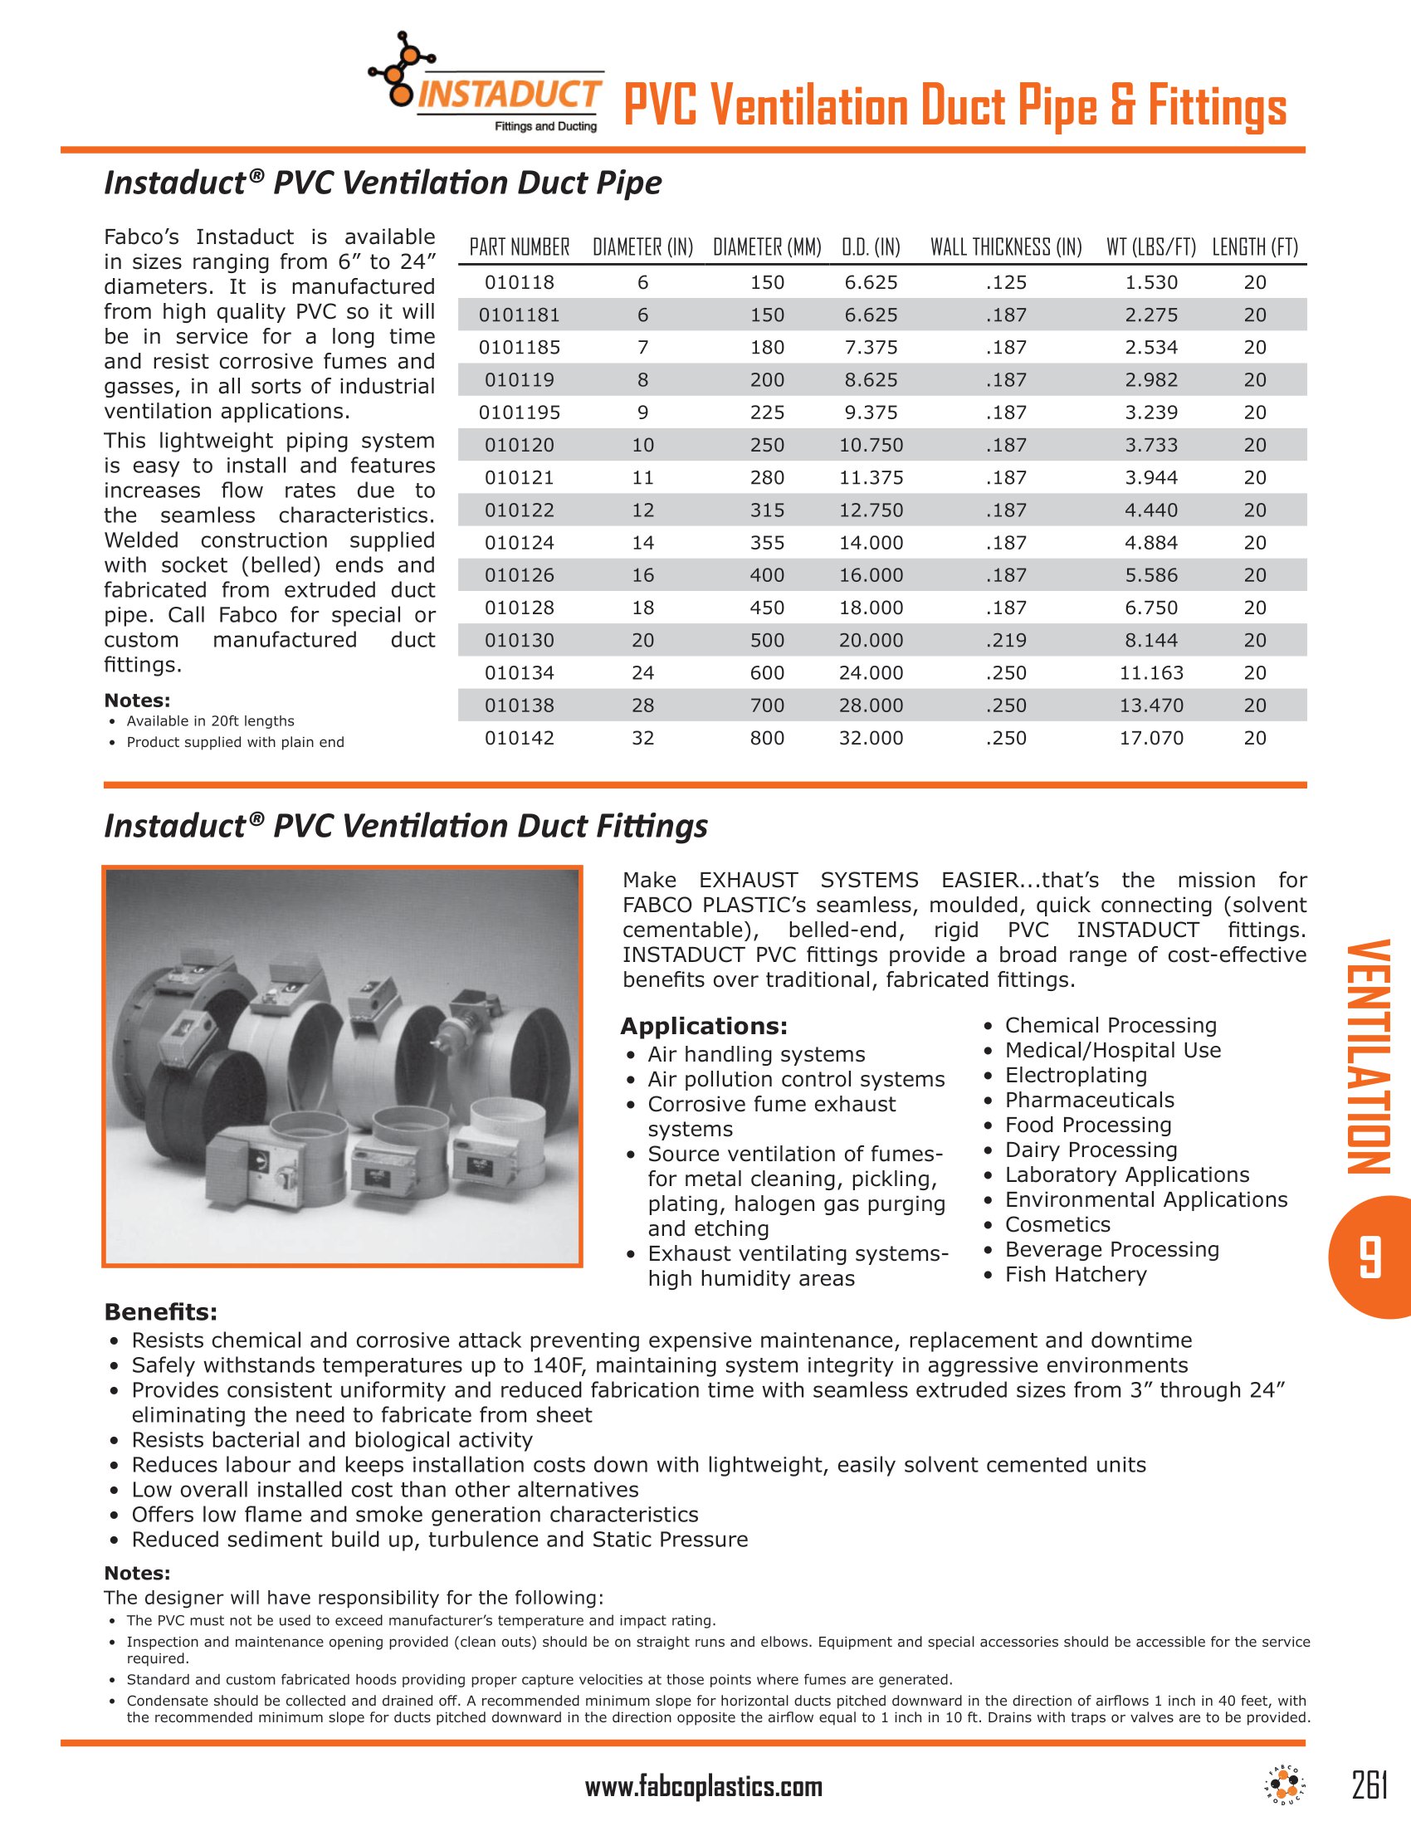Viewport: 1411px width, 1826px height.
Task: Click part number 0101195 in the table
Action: point(519,413)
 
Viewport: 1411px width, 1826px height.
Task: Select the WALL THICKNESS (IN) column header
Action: point(1006,247)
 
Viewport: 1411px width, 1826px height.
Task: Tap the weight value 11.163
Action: point(1151,673)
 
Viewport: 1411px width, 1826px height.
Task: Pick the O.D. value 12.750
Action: point(871,510)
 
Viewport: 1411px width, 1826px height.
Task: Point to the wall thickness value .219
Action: point(1006,641)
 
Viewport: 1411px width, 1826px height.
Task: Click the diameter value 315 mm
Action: point(767,510)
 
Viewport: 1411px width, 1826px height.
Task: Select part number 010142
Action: point(519,738)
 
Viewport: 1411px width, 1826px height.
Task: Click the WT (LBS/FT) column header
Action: point(1151,247)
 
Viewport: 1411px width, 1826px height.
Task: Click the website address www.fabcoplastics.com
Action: point(704,1788)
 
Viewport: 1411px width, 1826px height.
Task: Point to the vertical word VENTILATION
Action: point(1369,1057)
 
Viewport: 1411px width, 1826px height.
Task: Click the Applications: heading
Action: point(704,1027)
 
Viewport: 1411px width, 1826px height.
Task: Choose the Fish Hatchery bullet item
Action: point(1075,1274)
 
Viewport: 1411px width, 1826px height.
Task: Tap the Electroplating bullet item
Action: point(1075,1075)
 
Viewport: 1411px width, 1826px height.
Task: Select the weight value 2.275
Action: point(1151,315)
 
